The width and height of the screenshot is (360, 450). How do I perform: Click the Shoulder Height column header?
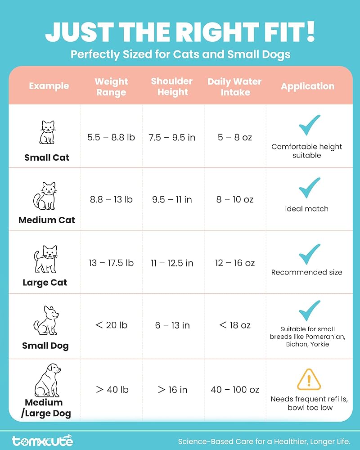[x=171, y=86]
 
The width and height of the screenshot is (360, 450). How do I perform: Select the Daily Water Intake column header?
[x=235, y=87]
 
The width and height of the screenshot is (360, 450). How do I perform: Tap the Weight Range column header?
[x=111, y=87]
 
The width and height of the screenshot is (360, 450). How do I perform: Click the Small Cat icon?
[x=47, y=132]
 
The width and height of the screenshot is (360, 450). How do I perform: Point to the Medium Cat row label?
[x=47, y=220]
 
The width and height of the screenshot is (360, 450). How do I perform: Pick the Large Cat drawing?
[x=47, y=260]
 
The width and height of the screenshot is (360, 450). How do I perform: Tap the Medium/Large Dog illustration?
[x=48, y=380]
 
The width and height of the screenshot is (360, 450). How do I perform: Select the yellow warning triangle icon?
[x=309, y=379]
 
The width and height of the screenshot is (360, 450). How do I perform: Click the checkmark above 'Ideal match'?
[x=309, y=188]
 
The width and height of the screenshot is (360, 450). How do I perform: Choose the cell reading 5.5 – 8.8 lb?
[x=111, y=137]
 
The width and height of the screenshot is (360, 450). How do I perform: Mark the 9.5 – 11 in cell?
[x=172, y=199]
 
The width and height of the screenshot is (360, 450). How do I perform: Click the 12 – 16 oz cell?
[x=234, y=263]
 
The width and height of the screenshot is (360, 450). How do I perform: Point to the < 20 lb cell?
[x=111, y=325]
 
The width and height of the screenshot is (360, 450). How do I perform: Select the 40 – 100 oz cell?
[x=235, y=390]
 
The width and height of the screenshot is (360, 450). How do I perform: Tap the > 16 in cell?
[x=172, y=390]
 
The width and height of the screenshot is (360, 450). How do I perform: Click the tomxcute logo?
[x=42, y=441]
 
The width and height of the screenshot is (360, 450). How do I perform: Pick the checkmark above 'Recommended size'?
[x=309, y=255]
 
